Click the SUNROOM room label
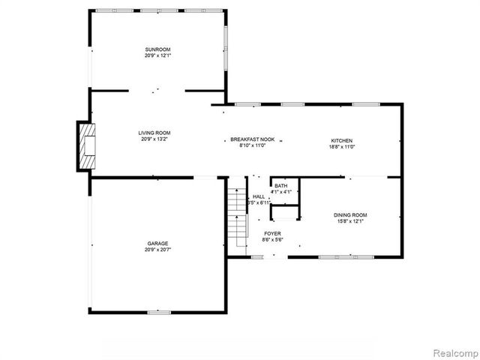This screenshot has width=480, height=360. (157, 50)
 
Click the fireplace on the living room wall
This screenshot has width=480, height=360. (87, 145)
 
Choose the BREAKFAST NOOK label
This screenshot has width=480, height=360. (252, 140)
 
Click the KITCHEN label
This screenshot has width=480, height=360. (342, 140)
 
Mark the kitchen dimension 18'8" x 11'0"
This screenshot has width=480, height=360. (342, 147)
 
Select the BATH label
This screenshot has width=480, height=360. (280, 186)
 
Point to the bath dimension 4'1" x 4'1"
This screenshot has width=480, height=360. (280, 193)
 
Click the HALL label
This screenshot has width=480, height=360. (258, 196)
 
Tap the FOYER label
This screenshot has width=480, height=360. (271, 233)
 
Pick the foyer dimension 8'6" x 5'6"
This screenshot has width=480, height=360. (271, 240)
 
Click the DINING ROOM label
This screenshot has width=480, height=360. (350, 215)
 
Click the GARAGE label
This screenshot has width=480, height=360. (157, 243)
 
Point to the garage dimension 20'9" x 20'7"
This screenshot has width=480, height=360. (157, 250)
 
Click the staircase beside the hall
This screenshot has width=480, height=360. (238, 217)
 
